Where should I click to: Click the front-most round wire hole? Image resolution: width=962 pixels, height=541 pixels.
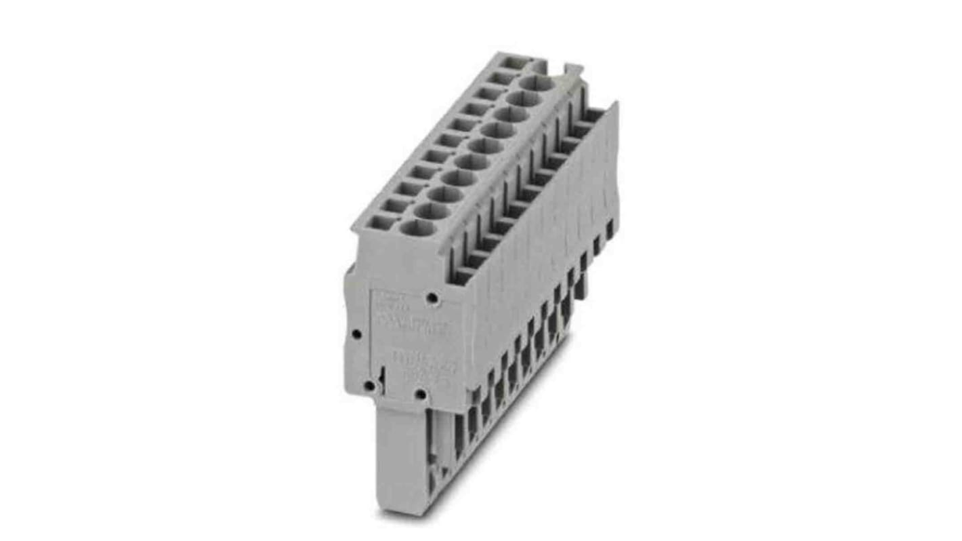click(417, 228)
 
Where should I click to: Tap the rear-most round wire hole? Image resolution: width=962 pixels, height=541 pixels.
click(539, 84)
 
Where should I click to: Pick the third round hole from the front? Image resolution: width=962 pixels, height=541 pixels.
click(445, 195)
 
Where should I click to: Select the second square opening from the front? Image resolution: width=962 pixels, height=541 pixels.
click(394, 205)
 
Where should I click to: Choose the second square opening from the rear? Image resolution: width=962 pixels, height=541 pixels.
click(503, 78)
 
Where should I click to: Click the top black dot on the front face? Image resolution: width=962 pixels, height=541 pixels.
click(431, 298)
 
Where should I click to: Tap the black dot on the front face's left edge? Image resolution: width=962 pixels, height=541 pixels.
click(355, 334)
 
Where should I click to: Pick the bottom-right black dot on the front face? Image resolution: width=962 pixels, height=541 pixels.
click(420, 394)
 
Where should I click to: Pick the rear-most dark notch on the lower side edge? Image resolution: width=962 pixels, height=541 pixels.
click(609, 231)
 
